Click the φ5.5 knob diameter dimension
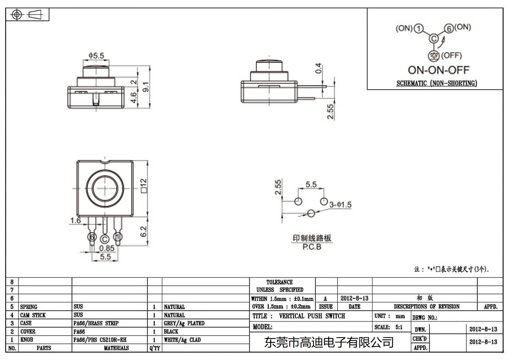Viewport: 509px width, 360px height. coord(96,56)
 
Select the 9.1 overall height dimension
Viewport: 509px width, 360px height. coord(146,86)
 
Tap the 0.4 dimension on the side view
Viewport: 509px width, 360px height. coord(318,68)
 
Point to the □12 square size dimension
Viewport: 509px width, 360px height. coord(144,186)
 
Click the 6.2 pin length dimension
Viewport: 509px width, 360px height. coord(144,231)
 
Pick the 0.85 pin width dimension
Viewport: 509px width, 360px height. coord(107,248)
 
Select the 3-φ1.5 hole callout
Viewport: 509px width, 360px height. coord(340,205)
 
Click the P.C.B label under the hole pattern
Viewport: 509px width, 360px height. coord(312,247)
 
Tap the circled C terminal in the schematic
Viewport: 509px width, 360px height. coord(434,39)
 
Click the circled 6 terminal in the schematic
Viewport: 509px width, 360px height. coord(449,29)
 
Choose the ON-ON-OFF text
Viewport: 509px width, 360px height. coord(438,70)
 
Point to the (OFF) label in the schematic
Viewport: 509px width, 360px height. coord(451,56)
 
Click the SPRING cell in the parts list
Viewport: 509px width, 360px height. coord(29,307)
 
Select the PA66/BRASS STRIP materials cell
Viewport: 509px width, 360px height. coord(96,323)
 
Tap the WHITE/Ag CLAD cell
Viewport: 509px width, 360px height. coord(182,340)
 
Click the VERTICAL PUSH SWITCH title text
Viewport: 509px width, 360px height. coord(312,316)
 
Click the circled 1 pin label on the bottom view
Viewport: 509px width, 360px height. coord(118,237)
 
